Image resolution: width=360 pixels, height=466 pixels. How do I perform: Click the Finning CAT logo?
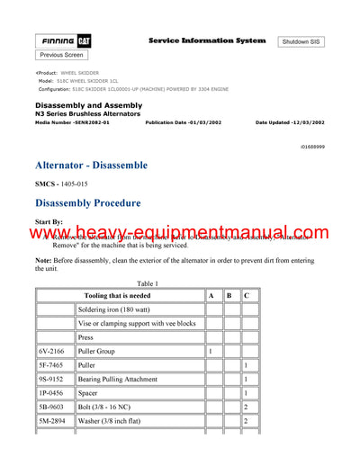(64, 41)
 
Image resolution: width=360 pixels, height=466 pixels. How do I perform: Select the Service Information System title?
(206, 40)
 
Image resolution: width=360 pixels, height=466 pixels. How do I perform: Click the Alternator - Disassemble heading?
(91, 166)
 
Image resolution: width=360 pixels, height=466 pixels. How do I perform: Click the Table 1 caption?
(145, 283)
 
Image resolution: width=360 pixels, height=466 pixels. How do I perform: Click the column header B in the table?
(229, 295)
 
